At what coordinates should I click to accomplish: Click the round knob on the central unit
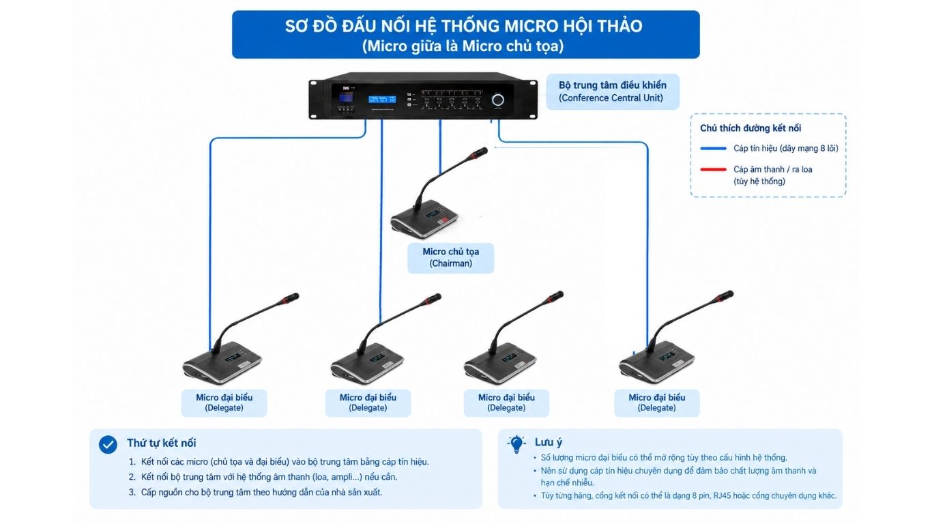pyautogui.click(x=497, y=100)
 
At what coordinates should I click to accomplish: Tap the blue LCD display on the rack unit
pyautogui.click(x=382, y=100)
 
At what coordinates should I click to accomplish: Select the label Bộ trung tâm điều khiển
pyautogui.click(x=613, y=85)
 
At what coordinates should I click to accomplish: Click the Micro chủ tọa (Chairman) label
pyautogui.click(x=450, y=258)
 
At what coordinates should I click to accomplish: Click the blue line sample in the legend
pyautogui.click(x=713, y=149)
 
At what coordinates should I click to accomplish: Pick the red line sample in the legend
pyautogui.click(x=713, y=169)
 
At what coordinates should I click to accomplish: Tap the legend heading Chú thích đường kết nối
pyautogui.click(x=751, y=128)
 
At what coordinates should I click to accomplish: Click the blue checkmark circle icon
pyautogui.click(x=108, y=444)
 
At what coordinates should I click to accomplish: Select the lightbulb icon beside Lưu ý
pyautogui.click(x=516, y=444)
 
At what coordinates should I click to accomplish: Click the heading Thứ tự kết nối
pyautogui.click(x=162, y=443)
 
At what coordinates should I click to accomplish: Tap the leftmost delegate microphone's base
pyautogui.click(x=222, y=362)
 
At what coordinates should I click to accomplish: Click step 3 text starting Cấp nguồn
pyautogui.click(x=261, y=493)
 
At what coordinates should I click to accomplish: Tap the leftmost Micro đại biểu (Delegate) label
pyautogui.click(x=224, y=403)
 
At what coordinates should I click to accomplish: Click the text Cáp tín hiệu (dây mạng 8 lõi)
pyautogui.click(x=785, y=149)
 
